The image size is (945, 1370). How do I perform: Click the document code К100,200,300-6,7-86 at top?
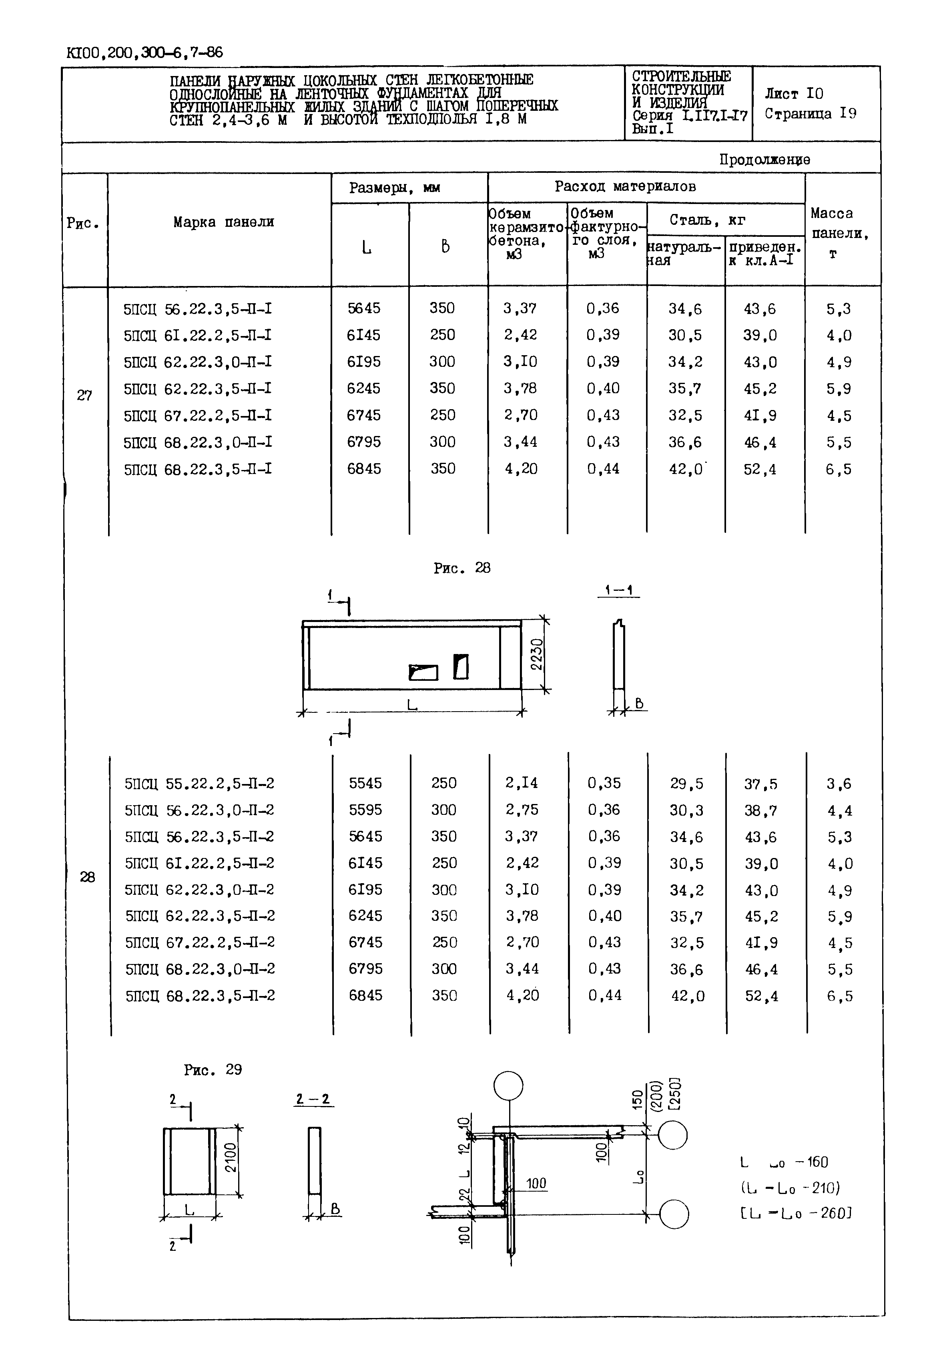[x=145, y=53]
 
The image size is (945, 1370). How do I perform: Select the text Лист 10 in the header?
[x=793, y=94]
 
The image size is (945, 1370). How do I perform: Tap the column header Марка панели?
[x=223, y=222]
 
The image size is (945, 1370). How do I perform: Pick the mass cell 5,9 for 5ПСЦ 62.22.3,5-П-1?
[x=839, y=389]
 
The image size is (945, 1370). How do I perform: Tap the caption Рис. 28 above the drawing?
[x=462, y=568]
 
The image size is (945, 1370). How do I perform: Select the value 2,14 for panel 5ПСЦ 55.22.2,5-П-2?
[x=522, y=783]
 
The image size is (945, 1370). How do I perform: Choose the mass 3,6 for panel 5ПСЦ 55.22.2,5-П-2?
[x=839, y=784]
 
